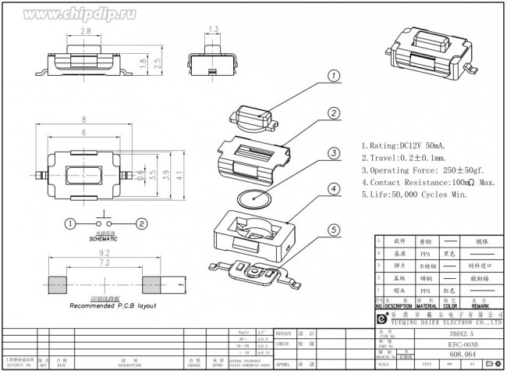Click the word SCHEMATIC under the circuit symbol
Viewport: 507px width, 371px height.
(x=105, y=238)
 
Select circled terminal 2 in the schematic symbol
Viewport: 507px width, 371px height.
(x=140, y=223)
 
